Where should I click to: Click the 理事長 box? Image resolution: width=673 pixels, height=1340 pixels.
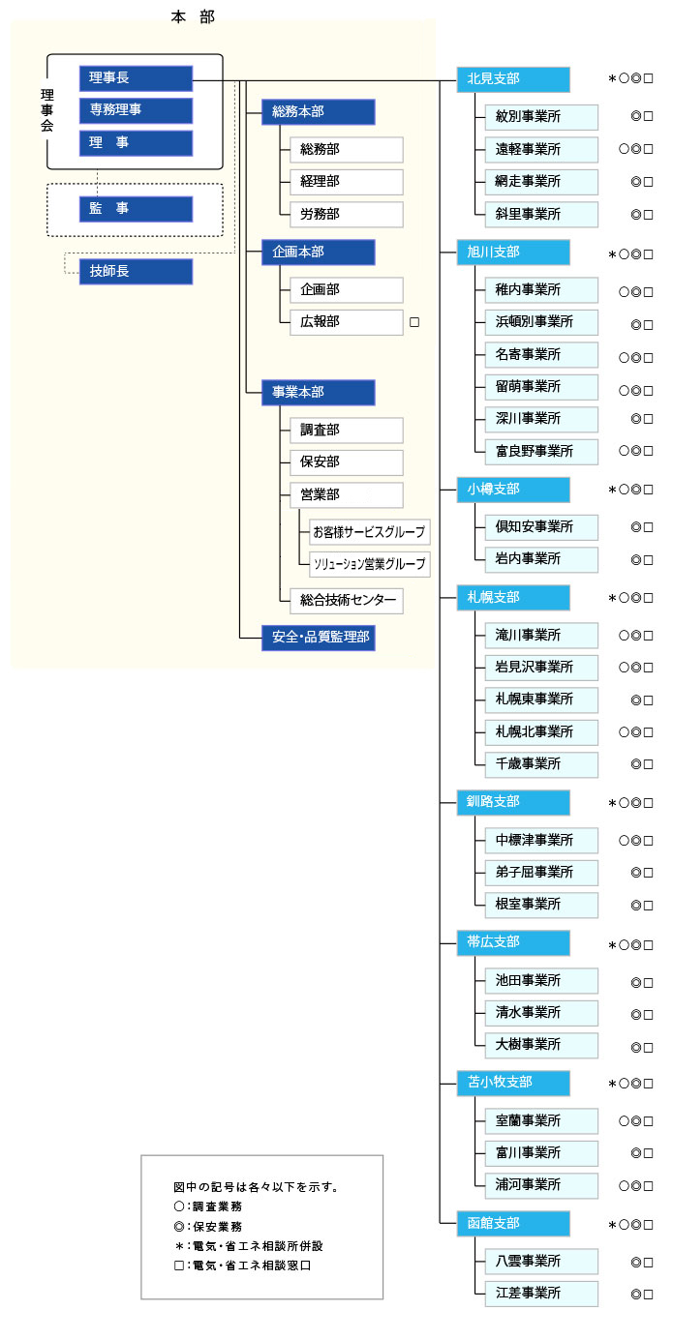point(136,78)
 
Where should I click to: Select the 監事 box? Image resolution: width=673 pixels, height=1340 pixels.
point(136,209)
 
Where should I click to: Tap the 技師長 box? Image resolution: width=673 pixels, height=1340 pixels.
point(136,272)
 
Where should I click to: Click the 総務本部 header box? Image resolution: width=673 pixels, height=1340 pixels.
point(318,112)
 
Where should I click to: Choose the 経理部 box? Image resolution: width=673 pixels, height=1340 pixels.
point(346,182)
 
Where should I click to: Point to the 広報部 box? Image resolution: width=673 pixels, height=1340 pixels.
point(346,321)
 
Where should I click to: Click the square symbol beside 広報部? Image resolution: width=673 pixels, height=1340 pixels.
point(414,322)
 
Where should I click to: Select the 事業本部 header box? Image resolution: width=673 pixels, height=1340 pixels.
point(318,393)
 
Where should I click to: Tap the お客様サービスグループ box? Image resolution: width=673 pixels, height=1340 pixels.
point(368,532)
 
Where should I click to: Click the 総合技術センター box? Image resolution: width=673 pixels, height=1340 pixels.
point(346,601)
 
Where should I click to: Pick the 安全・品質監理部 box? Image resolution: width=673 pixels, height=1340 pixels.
point(318,639)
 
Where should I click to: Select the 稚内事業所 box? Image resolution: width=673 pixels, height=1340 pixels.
point(541,289)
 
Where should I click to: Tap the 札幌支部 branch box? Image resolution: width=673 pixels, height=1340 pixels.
point(513,598)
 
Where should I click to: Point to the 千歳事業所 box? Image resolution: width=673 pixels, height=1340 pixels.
point(541,764)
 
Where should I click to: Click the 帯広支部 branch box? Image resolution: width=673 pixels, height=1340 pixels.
point(513,942)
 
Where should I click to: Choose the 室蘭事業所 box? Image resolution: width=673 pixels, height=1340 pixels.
point(541,1120)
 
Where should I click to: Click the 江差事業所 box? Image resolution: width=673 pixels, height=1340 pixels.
point(541,1294)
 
